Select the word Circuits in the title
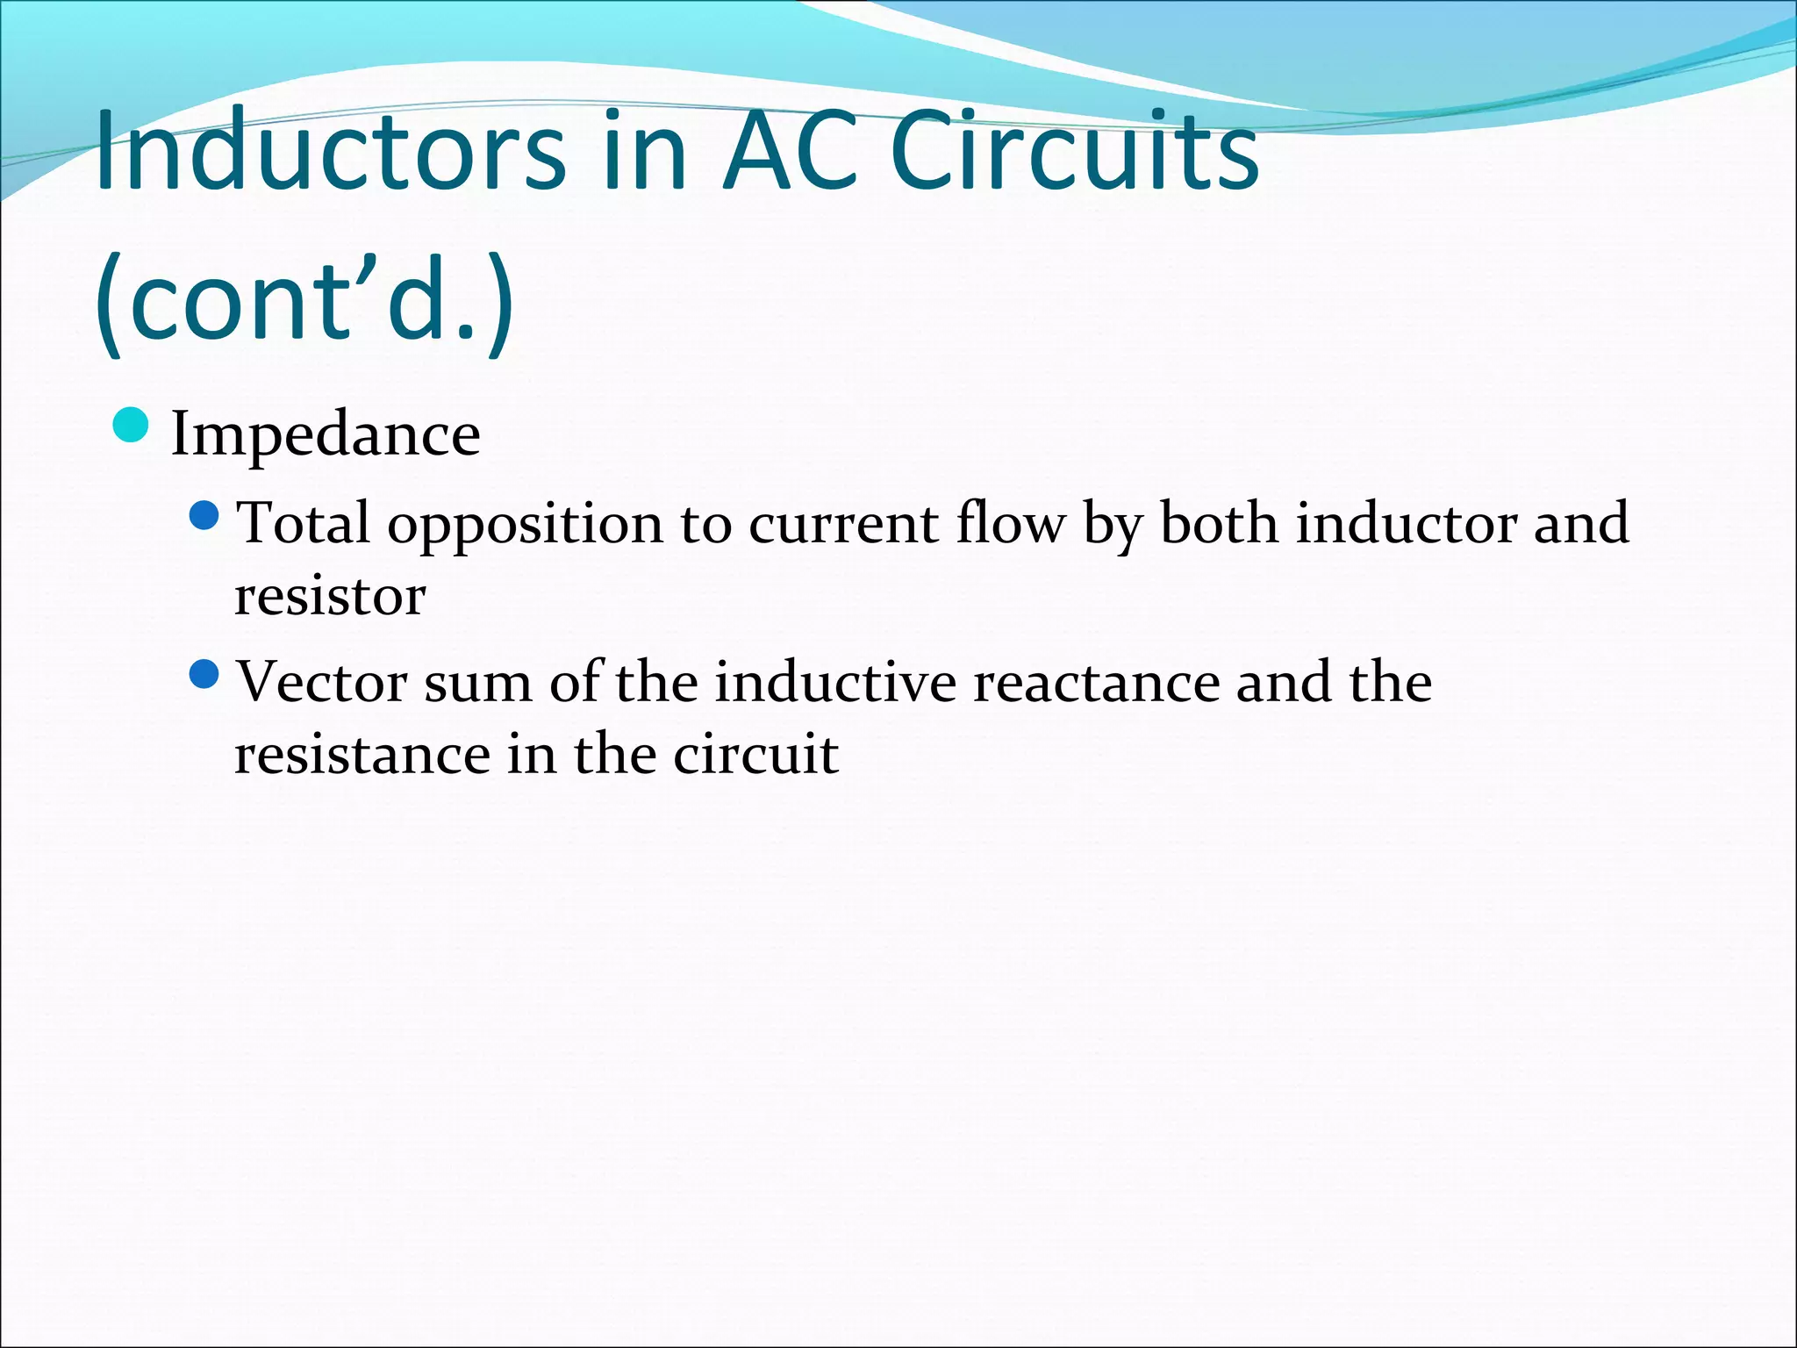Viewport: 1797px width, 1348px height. coord(1074,151)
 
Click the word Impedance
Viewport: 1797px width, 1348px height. coord(326,434)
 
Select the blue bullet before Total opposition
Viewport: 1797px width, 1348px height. coord(203,516)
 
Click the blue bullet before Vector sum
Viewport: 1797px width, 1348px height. coord(203,675)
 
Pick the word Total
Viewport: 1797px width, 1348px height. coord(304,523)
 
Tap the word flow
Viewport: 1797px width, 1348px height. coord(1010,523)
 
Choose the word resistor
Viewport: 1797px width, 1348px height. coord(330,597)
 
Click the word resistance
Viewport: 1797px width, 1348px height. coord(362,755)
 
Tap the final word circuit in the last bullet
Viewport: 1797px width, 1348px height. coord(755,755)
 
